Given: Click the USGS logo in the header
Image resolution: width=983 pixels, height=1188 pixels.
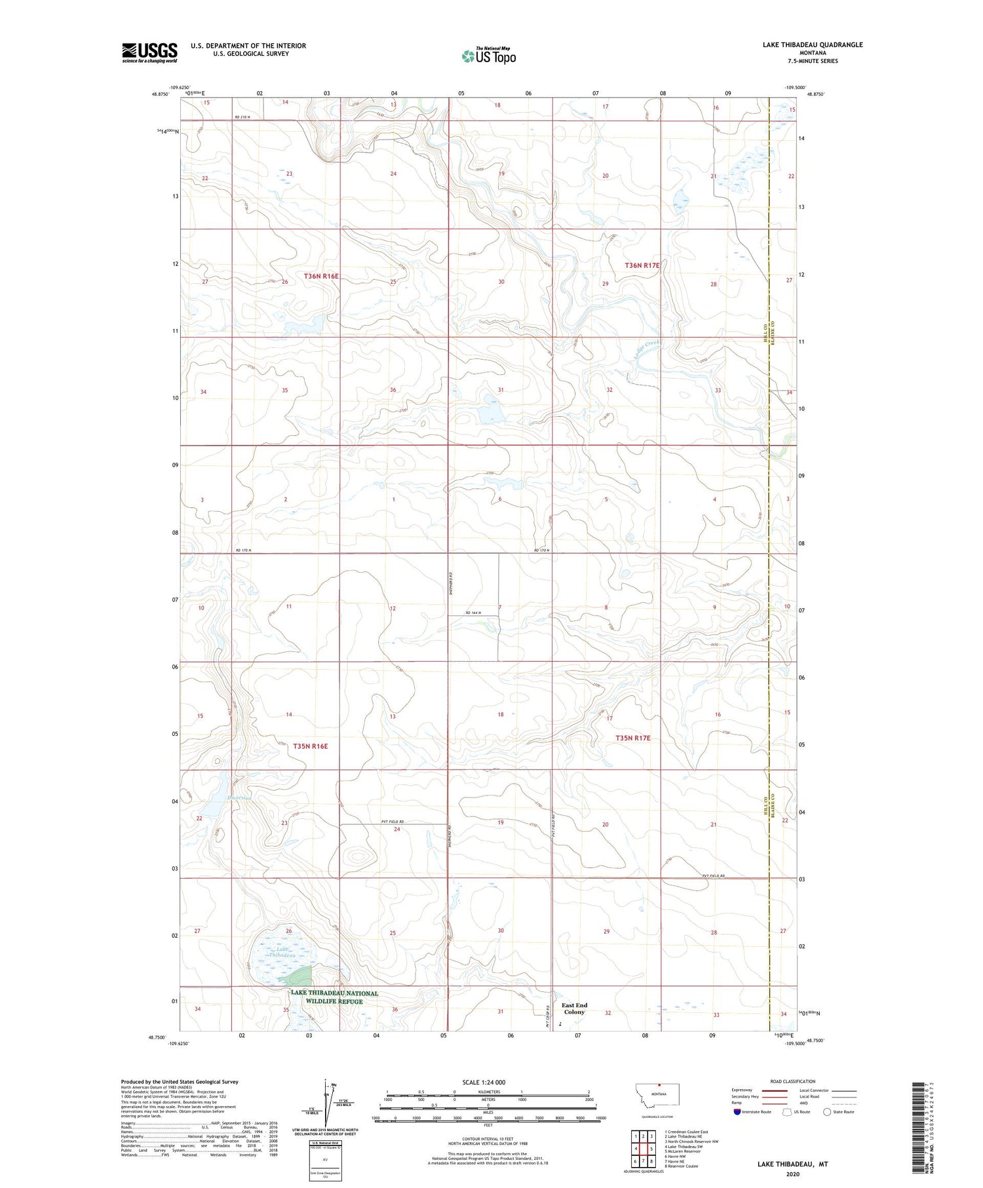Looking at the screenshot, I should tap(149, 52).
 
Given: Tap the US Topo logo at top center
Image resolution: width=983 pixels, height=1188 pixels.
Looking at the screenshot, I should tap(488, 56).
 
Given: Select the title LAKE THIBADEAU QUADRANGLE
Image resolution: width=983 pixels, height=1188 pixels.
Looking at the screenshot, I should tap(812, 45).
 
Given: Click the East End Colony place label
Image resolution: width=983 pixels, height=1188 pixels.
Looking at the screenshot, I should tap(574, 1008).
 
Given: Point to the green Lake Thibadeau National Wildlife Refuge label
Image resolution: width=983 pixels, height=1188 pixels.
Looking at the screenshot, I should tap(334, 997).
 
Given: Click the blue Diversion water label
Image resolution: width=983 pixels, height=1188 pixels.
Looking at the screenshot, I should tap(239, 797).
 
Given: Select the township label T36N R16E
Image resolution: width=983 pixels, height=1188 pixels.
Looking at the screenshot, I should tap(321, 277).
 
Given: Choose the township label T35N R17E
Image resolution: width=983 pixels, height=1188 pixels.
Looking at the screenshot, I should tap(632, 738).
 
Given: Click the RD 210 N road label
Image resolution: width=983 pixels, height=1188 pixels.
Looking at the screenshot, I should tap(243, 117).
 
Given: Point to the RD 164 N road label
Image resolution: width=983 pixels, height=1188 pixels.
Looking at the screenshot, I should tap(473, 613).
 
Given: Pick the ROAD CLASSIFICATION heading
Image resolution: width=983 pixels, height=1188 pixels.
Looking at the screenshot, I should tap(793, 1081).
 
